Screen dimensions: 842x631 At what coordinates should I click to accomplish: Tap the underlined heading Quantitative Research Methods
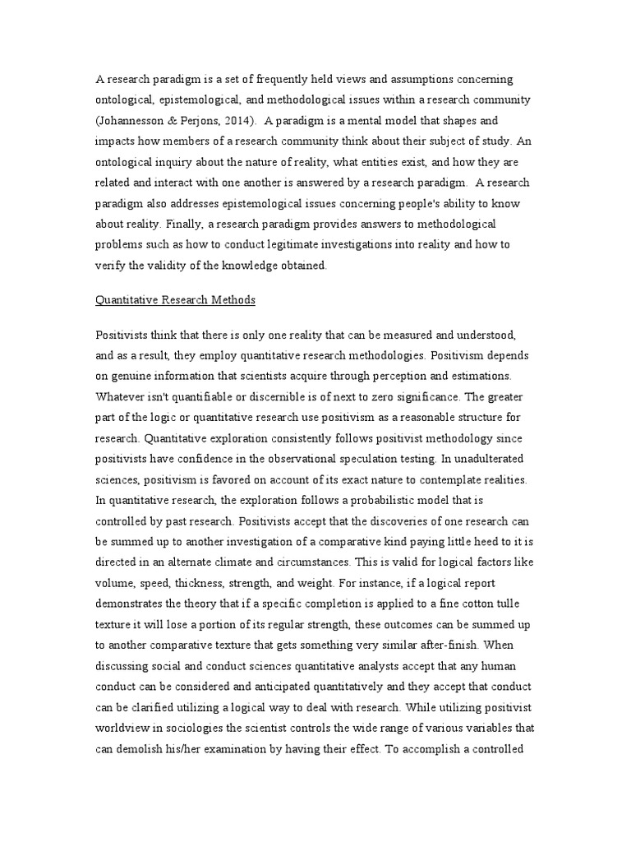pyautogui.click(x=176, y=300)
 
